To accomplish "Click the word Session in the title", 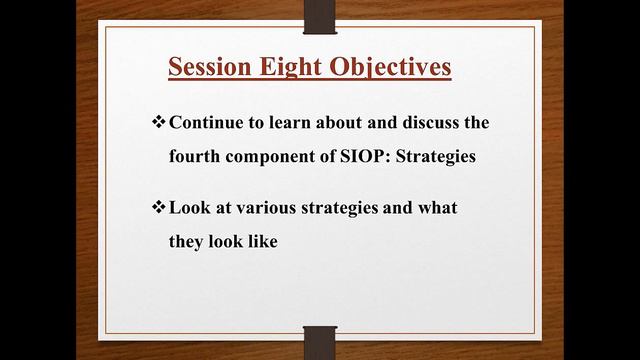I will [205, 68].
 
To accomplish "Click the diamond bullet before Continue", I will [158, 123].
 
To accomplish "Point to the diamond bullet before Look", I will [158, 208].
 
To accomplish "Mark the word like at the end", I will [258, 242].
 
